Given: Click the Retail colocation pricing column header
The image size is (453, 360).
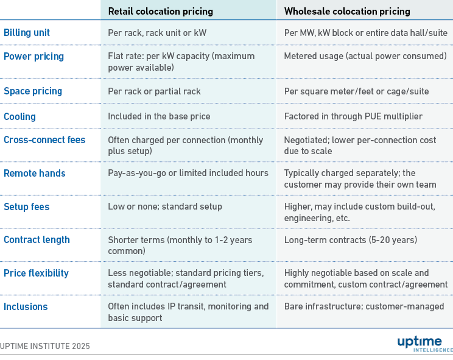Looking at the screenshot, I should (161, 11).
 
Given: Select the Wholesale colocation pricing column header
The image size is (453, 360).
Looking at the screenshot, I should (347, 11).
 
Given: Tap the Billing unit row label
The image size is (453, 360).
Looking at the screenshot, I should (27, 33).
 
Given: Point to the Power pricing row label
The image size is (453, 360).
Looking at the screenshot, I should (33, 56).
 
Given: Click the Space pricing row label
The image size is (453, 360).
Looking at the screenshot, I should (33, 91).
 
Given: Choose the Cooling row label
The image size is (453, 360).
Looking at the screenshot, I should (19, 116).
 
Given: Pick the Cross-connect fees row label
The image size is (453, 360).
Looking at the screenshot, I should (44, 139).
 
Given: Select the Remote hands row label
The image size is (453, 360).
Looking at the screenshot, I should (34, 173).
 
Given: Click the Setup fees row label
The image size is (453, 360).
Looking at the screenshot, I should (26, 206).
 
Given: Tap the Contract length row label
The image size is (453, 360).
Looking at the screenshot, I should (37, 240).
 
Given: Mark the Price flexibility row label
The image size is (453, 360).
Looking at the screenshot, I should (36, 273).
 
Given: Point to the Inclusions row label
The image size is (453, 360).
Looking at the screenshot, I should (25, 306).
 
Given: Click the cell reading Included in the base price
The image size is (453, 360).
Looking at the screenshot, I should (159, 116).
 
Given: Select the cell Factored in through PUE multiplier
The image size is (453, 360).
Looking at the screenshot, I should (353, 116).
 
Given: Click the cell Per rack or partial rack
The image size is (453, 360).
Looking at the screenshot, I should (154, 91).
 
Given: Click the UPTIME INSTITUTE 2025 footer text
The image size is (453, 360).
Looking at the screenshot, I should (45, 346).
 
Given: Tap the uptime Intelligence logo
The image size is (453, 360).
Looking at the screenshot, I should (424, 344).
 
